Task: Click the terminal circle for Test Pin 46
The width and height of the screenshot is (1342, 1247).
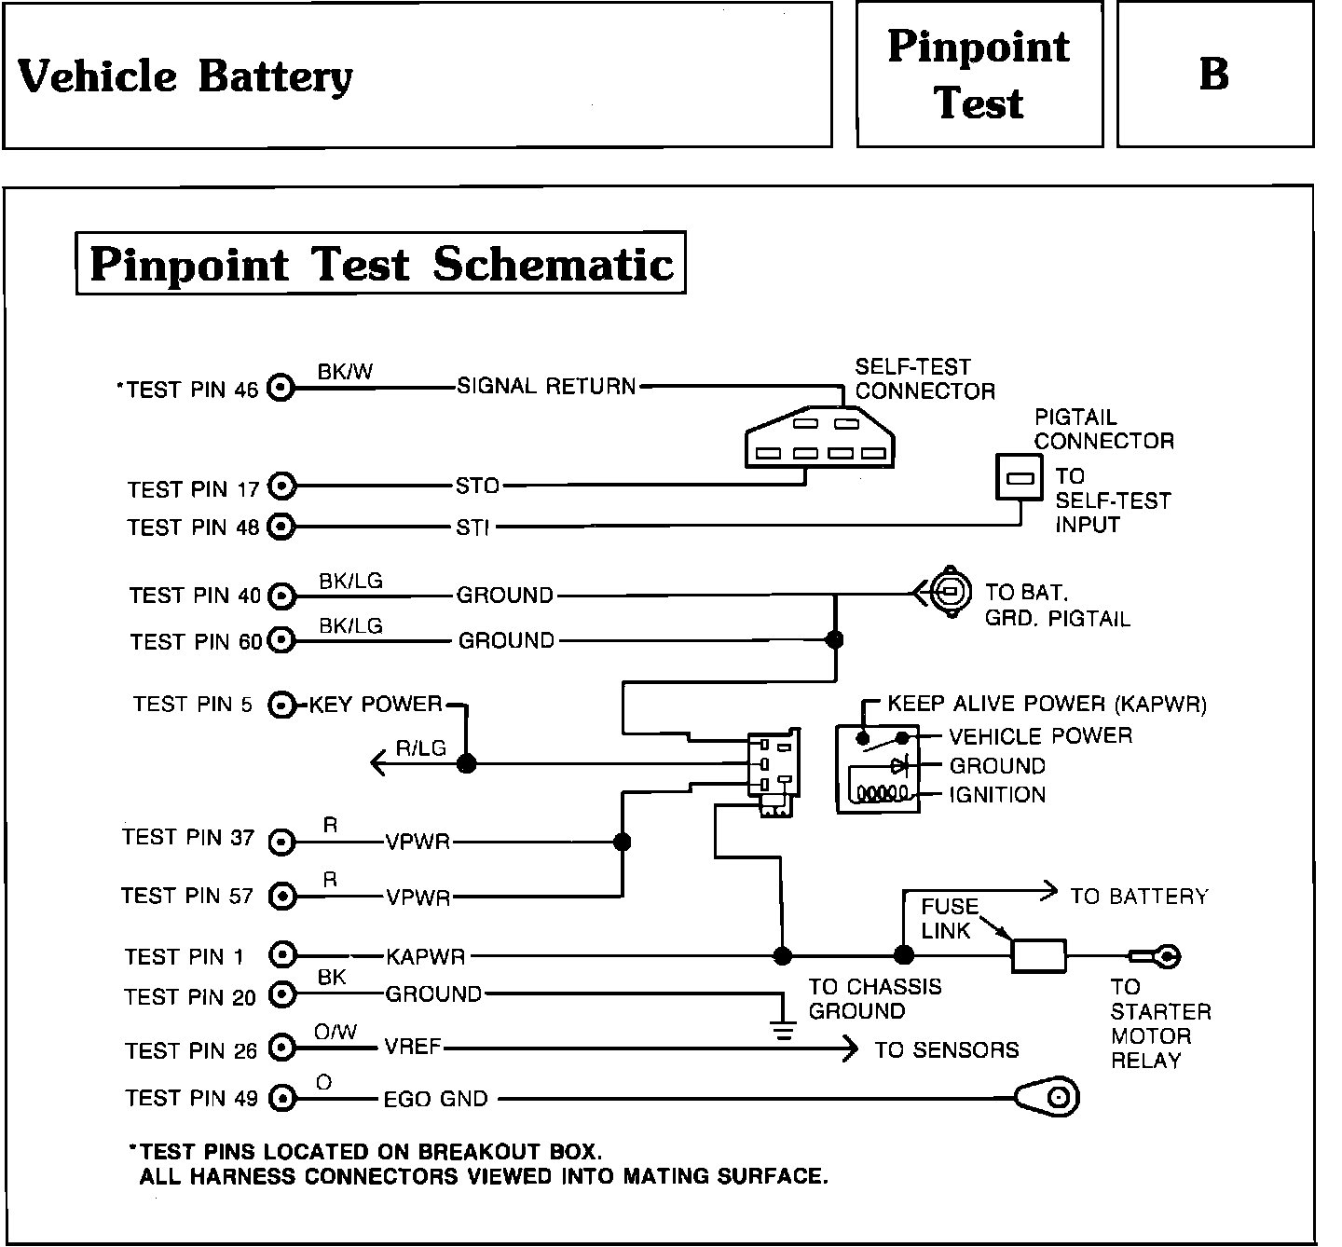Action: (x=281, y=388)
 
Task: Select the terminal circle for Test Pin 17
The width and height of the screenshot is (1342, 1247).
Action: (x=281, y=486)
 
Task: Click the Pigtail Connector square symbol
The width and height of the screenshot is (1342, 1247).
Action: (x=1020, y=477)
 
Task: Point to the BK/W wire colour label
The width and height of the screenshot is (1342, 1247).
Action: (x=345, y=372)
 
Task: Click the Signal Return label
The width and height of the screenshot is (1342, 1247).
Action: (x=546, y=387)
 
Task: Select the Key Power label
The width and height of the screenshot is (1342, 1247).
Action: (x=376, y=705)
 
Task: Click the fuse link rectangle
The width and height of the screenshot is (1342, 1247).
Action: (x=1038, y=955)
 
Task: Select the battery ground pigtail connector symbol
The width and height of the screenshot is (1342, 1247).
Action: (x=947, y=591)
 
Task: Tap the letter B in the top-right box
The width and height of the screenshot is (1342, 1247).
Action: (x=1213, y=75)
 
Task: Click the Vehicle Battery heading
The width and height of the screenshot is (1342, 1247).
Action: (x=185, y=76)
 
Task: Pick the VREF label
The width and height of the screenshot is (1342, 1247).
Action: (x=413, y=1048)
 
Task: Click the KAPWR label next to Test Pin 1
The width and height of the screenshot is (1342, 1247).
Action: (x=425, y=956)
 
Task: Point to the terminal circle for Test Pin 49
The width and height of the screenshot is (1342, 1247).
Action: (x=281, y=1099)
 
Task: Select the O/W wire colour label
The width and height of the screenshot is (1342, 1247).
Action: (x=335, y=1032)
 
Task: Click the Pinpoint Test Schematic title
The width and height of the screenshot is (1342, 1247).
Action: (x=380, y=264)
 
